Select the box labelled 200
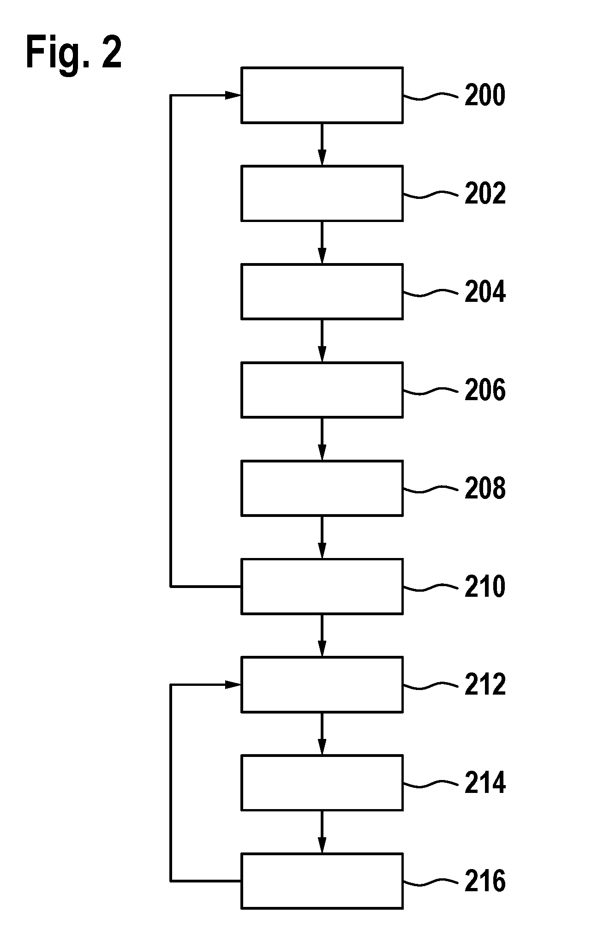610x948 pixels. pos(322,95)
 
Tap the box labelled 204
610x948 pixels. pos(322,292)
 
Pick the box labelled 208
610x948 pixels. pos(322,488)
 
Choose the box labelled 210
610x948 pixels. pos(322,586)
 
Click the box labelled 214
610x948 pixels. pos(322,783)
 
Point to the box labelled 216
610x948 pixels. pos(322,881)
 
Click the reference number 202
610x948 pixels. pos(485,193)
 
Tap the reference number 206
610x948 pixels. pos(485,390)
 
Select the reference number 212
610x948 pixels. pos(485,684)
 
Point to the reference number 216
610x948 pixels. pos(485,881)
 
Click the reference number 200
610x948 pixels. pos(485,96)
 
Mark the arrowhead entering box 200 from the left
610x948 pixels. pos(233,95)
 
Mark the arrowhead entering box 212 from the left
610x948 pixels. pos(233,685)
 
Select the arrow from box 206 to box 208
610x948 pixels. pos(322,439)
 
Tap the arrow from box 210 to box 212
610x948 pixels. pos(322,636)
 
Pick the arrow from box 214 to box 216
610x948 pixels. pos(322,832)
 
